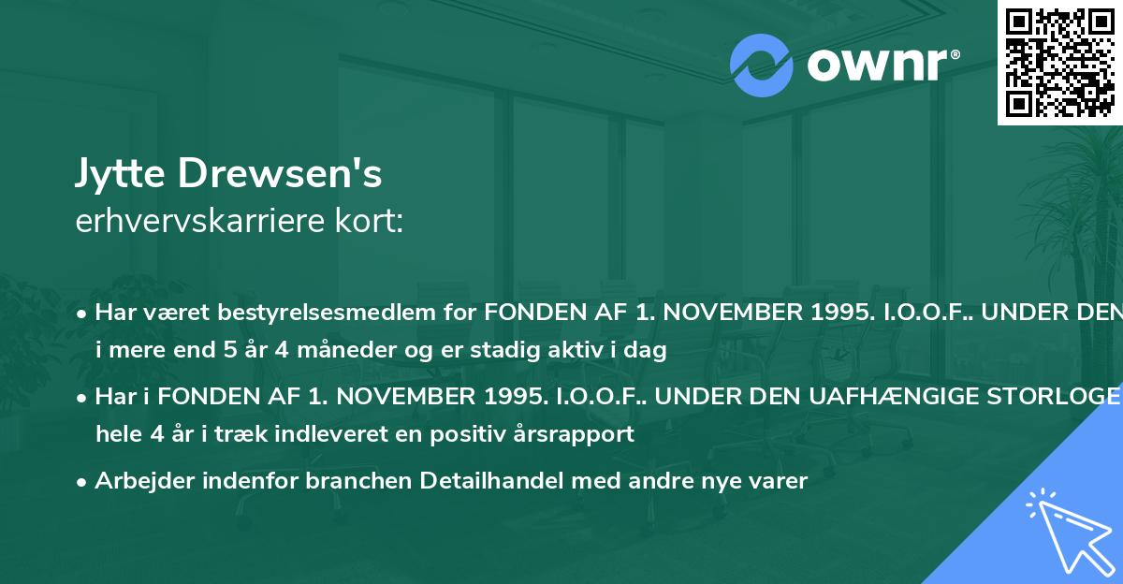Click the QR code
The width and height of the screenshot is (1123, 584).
(x=1058, y=62)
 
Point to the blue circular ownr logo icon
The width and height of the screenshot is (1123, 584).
(x=762, y=66)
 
